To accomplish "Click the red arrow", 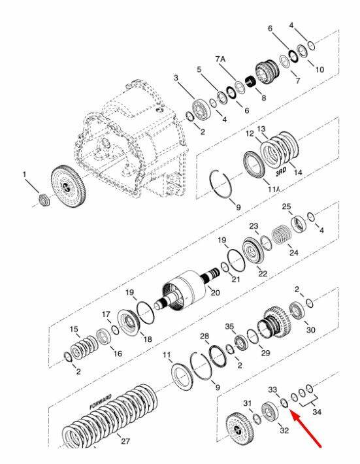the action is pos(306,428).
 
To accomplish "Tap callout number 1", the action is pos(25,175).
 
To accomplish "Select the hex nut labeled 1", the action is pos(44,200).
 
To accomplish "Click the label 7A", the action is pos(220,59).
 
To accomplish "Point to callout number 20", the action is pos(215,292).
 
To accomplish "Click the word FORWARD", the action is pos(101,401).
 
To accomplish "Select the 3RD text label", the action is pos(281,172).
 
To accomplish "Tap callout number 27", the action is pos(125,441).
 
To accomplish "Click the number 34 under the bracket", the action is pos(317,412).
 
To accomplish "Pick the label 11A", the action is pos(273,189).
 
